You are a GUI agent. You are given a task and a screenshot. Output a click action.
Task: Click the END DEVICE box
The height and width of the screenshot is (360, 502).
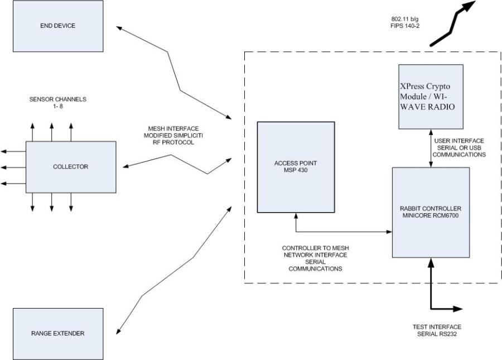click(57, 26)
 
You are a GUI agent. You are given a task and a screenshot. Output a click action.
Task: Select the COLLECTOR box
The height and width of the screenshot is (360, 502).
click(71, 166)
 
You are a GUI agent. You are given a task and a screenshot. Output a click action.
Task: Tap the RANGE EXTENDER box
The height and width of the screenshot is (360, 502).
click(57, 333)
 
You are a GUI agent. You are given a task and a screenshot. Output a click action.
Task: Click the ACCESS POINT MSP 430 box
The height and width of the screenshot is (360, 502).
click(296, 167)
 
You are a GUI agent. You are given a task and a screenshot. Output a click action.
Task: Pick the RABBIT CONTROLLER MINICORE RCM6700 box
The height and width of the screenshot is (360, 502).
click(431, 213)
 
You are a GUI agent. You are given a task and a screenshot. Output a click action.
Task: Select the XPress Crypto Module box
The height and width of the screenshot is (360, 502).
click(431, 96)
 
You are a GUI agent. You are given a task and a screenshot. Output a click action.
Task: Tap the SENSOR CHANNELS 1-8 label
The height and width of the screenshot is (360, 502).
click(50, 103)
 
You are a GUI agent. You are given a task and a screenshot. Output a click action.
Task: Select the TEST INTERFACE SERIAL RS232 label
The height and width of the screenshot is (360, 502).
click(437, 330)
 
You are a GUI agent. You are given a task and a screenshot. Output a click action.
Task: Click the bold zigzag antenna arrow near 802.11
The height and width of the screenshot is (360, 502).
click(453, 25)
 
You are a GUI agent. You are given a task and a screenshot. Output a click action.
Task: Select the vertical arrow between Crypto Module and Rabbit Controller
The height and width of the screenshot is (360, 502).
click(431, 148)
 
